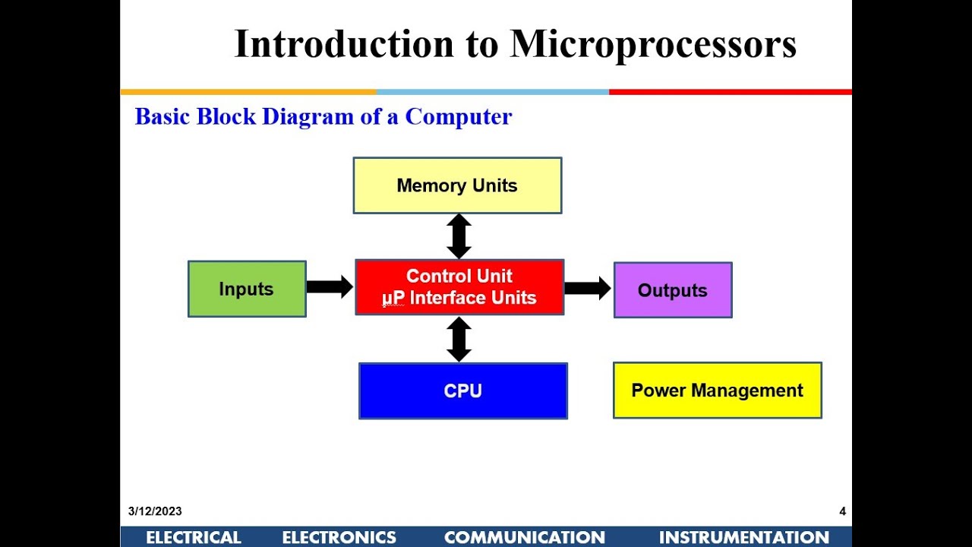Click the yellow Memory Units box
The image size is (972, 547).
coord(457,185)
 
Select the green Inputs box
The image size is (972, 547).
coord(247,289)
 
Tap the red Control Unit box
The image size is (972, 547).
coord(459,287)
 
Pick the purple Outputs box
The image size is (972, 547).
coord(673,290)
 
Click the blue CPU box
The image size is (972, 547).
coord(463,390)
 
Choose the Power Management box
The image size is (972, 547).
coord(717,390)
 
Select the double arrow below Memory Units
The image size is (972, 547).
coord(459,236)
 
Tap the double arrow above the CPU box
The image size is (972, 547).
coord(459,339)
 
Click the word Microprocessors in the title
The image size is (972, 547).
coord(653,43)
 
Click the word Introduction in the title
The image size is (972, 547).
coord(343,43)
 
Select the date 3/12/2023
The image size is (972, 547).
coord(155,511)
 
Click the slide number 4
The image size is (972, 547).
coord(842,511)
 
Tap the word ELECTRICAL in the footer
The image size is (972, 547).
coord(194,538)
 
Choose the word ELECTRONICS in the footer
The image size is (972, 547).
coord(339,538)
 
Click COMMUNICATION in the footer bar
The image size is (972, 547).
coord(525,538)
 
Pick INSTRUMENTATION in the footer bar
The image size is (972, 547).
coord(743,538)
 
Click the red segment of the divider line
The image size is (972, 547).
coord(729,92)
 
